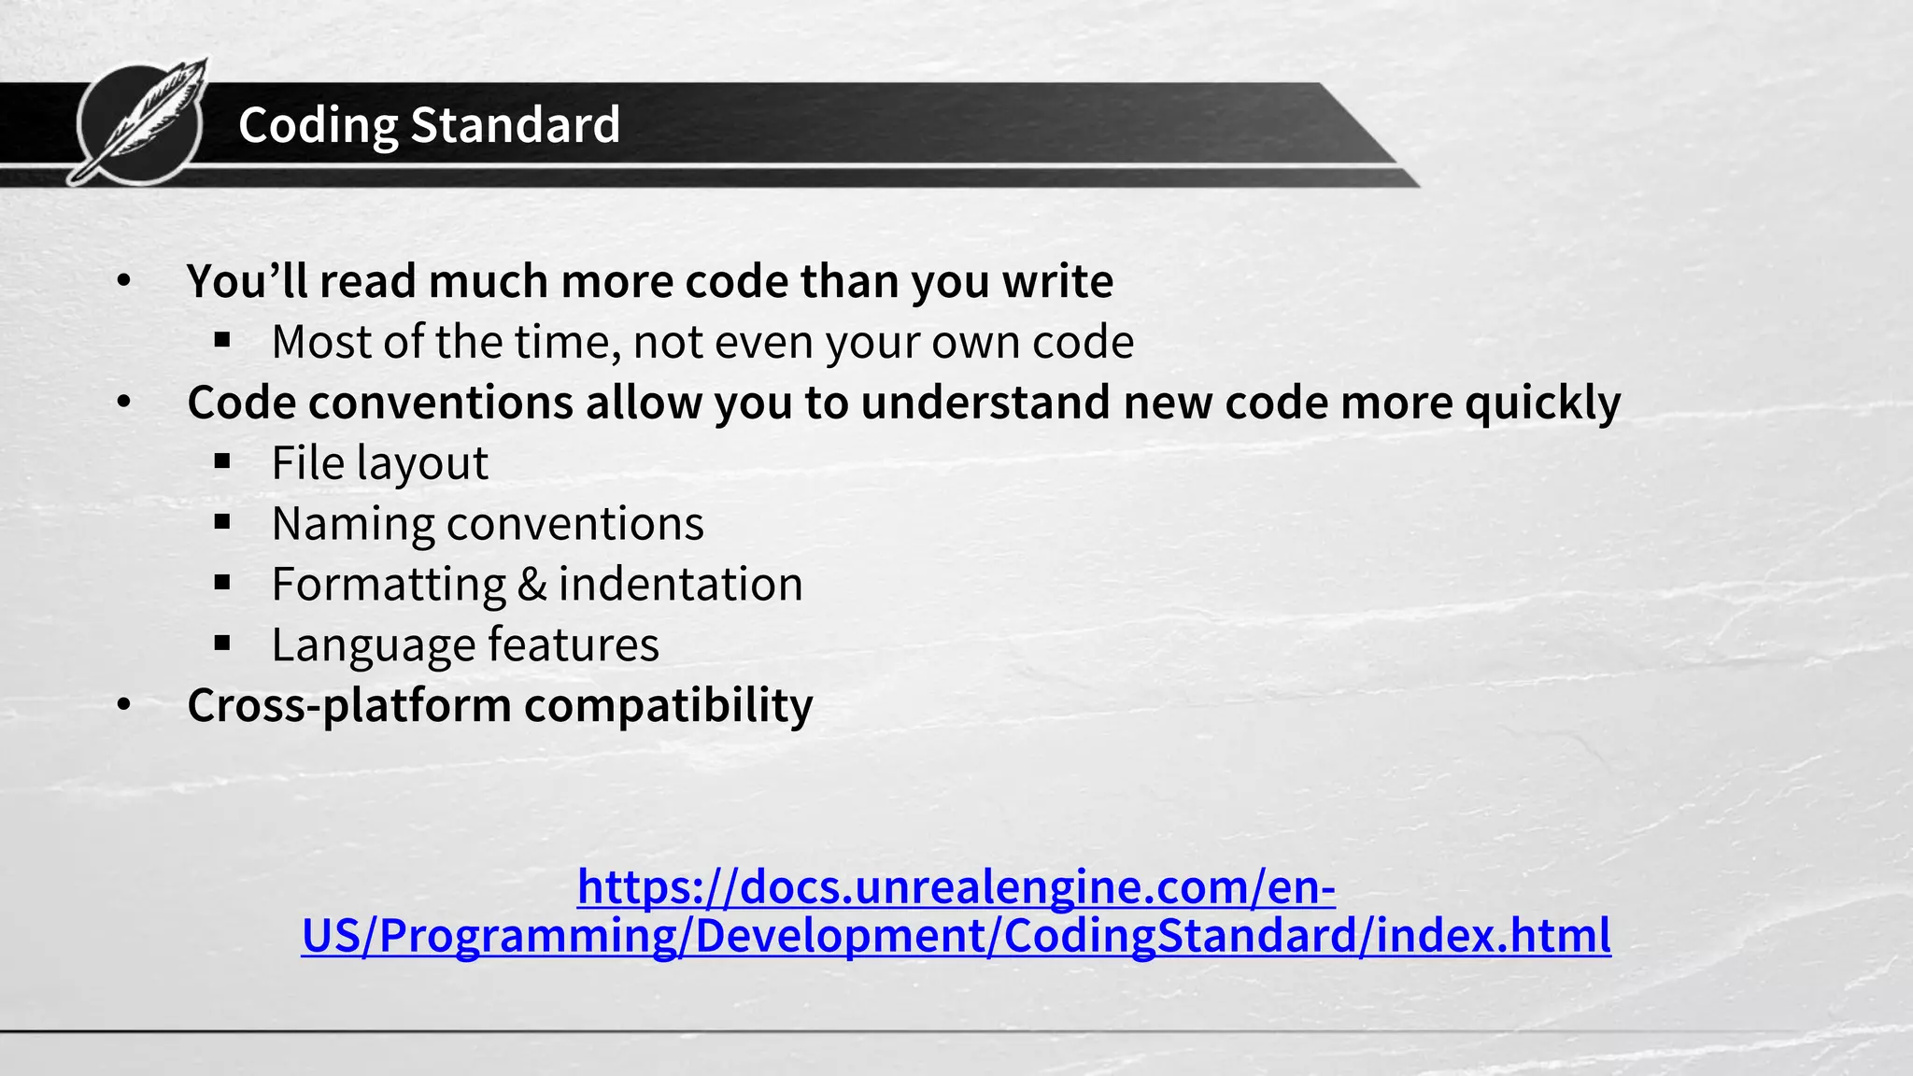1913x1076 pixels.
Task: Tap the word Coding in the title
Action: point(318,125)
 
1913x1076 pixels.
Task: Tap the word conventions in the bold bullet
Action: point(441,403)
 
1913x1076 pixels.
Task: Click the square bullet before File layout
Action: point(222,461)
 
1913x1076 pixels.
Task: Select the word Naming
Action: point(352,524)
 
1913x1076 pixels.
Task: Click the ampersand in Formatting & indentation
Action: point(531,585)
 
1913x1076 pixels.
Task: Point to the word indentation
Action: point(680,585)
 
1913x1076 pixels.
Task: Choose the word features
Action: point(573,645)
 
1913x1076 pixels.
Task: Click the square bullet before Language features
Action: point(222,644)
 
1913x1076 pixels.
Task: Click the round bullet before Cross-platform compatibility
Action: point(124,706)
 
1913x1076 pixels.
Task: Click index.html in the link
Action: point(1494,935)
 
